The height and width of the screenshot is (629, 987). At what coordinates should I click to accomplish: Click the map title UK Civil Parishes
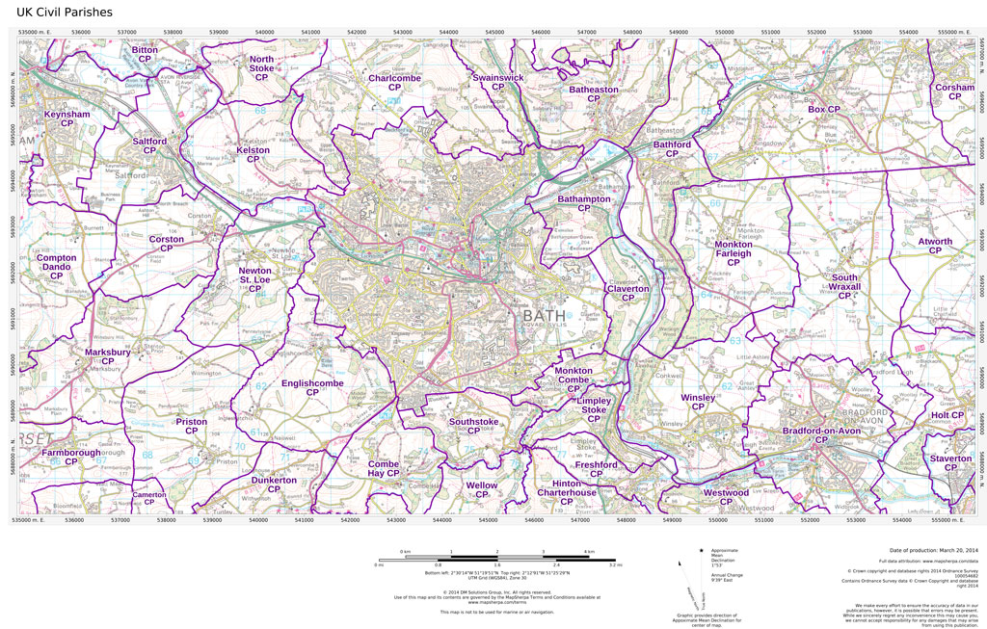point(57,12)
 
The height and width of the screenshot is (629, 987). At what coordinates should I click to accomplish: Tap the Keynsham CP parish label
point(67,118)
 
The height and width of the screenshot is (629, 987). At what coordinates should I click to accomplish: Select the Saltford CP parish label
point(149,146)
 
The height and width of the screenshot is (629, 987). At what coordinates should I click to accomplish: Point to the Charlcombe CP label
point(394,83)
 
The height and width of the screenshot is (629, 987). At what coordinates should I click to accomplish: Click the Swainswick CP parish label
point(498,82)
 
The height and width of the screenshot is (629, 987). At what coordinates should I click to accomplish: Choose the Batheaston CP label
point(594,94)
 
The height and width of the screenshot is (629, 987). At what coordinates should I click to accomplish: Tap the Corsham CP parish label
point(954,92)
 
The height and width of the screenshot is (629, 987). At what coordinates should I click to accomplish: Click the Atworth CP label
point(935,247)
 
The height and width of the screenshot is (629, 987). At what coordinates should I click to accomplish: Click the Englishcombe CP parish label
point(311,388)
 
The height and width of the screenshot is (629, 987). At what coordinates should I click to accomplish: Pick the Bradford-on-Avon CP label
point(820,434)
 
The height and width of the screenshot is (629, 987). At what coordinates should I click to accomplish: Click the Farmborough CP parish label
point(70,457)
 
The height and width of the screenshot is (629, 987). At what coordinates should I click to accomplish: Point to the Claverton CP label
point(627,293)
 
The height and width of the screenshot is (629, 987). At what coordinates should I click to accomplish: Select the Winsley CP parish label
point(698,402)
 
